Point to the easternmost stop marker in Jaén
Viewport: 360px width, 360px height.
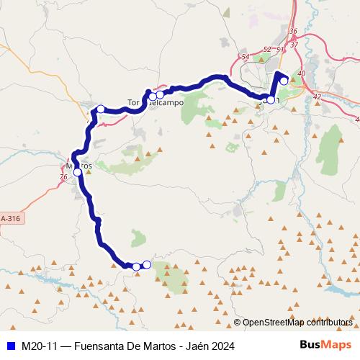coord(284,81)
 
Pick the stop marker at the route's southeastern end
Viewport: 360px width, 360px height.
coord(146,264)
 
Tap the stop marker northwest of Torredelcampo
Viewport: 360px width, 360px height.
coord(101,109)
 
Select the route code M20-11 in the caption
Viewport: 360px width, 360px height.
coord(38,346)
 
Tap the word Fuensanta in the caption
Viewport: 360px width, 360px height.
coord(100,346)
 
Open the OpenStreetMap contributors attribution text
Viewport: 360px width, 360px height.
coord(297,322)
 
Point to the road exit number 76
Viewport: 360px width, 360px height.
coord(64,176)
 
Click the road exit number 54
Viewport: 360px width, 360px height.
coord(246,57)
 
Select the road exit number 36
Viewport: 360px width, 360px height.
coord(292,32)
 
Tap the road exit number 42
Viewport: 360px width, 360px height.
coord(317,96)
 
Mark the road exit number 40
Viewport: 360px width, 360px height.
coord(301,73)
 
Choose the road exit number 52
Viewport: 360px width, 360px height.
coord(267,49)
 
